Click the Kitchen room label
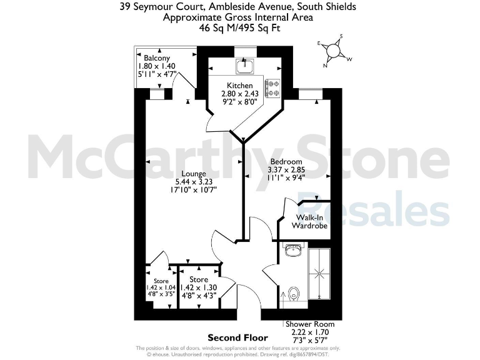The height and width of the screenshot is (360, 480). [240, 86]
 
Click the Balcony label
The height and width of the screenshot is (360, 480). [157, 58]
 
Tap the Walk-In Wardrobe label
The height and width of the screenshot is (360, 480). [311, 221]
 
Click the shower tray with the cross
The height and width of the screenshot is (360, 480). [322, 273]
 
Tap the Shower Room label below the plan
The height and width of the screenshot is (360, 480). [310, 324]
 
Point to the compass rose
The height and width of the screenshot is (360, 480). [334, 51]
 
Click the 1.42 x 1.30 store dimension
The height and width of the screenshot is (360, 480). [199, 288]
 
